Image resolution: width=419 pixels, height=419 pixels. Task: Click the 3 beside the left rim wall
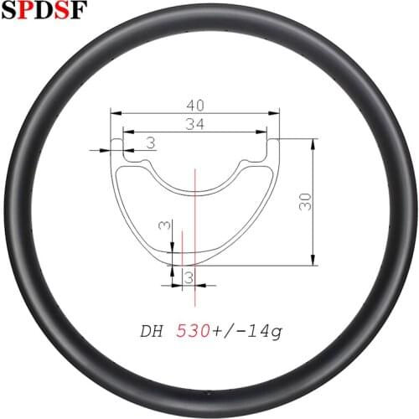click(x=150, y=144)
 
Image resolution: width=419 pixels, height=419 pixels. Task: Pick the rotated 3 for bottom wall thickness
click(x=165, y=227)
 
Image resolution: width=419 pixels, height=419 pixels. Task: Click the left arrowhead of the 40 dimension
click(x=116, y=112)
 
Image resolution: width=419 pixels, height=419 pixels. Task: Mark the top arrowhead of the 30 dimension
click(x=313, y=142)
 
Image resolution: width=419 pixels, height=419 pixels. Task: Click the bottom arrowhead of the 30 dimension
click(x=313, y=261)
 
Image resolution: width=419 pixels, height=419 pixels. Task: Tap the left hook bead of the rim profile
click(x=118, y=151)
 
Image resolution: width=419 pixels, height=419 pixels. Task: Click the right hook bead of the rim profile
click(x=271, y=151)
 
